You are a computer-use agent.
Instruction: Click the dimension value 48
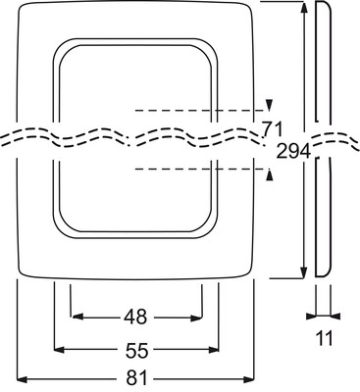pyautogui.click(x=135, y=317)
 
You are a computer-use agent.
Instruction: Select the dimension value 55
pyautogui.click(x=136, y=350)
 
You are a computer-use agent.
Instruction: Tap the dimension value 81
pyautogui.click(x=136, y=379)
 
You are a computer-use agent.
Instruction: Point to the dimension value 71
pyautogui.click(x=272, y=129)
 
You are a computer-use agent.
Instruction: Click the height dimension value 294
pyautogui.click(x=293, y=152)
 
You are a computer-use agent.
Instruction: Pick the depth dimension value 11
pyautogui.click(x=324, y=338)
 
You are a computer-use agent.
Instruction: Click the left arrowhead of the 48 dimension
pyautogui.click(x=77, y=317)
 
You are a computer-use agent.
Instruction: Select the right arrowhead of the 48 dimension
pyautogui.click(x=196, y=318)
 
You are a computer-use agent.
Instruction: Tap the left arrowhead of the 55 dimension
pyautogui.click(x=59, y=350)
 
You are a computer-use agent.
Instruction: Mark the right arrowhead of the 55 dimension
pyautogui.click(x=214, y=350)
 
